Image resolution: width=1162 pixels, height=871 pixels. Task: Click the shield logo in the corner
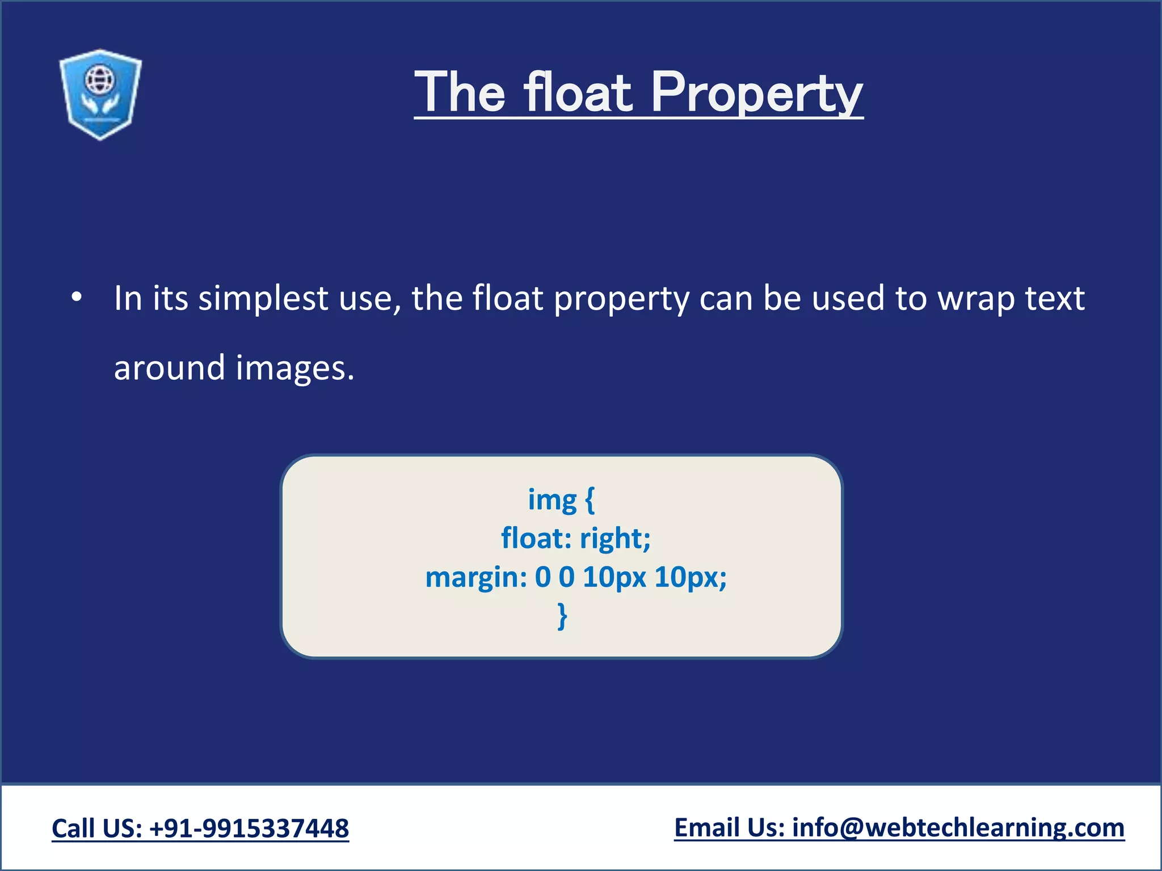click(x=100, y=94)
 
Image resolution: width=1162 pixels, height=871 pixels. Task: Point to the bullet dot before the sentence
click(x=77, y=297)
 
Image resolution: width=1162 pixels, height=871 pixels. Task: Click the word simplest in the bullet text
click(x=263, y=298)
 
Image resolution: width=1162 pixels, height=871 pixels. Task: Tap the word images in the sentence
click(x=295, y=368)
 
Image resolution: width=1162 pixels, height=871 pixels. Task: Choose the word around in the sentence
click(x=170, y=368)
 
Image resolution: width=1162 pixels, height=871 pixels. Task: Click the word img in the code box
click(x=552, y=500)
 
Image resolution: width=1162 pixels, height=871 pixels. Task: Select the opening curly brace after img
click(x=590, y=500)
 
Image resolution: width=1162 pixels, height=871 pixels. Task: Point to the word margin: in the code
click(x=476, y=577)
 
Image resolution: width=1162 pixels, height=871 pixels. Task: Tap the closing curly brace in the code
click(x=562, y=616)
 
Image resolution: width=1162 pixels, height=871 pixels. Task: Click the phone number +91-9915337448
click(x=249, y=828)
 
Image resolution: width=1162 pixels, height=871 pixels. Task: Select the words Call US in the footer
click(x=96, y=828)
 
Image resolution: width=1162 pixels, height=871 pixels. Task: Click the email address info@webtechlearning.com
click(x=958, y=828)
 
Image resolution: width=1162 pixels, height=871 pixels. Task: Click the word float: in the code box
click(x=536, y=538)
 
